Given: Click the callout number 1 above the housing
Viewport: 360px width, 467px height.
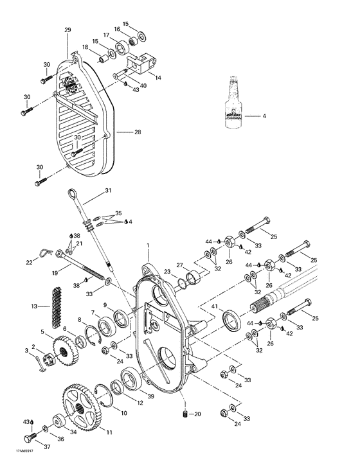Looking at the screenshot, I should (147, 245).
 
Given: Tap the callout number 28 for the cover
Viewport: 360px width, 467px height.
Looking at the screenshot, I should (138, 132).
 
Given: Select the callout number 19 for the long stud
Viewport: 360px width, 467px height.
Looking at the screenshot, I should (55, 273).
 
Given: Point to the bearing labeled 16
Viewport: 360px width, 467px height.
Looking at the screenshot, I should (134, 41).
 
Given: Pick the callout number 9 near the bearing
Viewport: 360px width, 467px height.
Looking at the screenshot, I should (105, 304).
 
